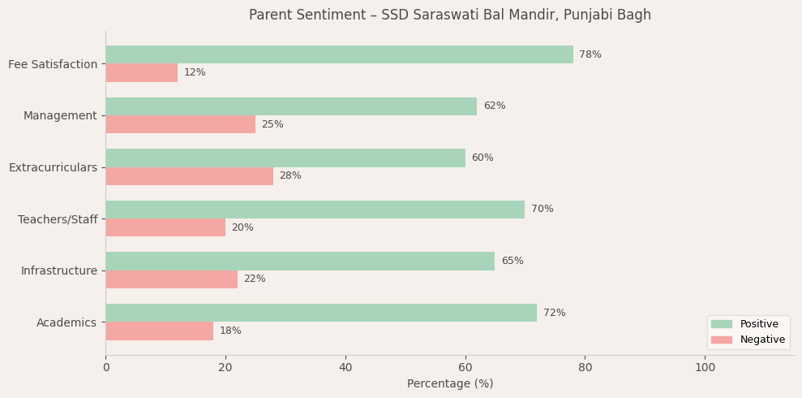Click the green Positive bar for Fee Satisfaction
click(339, 54)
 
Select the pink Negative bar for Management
click(180, 124)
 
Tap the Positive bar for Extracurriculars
click(285, 158)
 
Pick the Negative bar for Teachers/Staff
click(165, 227)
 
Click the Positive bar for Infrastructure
click(300, 261)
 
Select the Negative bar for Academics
click(159, 331)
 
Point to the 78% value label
click(590, 54)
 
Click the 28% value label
click(290, 176)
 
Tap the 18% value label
click(230, 331)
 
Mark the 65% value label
click(513, 261)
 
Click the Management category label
click(60, 115)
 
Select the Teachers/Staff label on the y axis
click(58, 219)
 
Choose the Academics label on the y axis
click(66, 322)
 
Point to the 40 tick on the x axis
click(345, 367)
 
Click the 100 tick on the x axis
click(706, 367)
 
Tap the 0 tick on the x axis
click(105, 367)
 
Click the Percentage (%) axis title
click(450, 383)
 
